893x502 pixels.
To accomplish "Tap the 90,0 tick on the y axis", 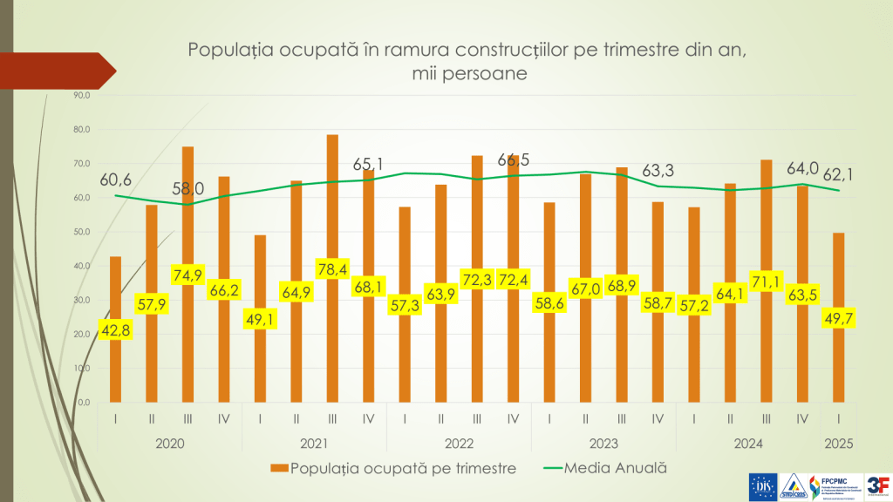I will [82, 95].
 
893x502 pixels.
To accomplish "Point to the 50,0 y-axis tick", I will [82, 232].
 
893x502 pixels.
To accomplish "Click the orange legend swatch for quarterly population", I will [279, 468].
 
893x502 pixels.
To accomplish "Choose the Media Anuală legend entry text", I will [616, 467].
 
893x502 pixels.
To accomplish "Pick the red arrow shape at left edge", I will [58, 71].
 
